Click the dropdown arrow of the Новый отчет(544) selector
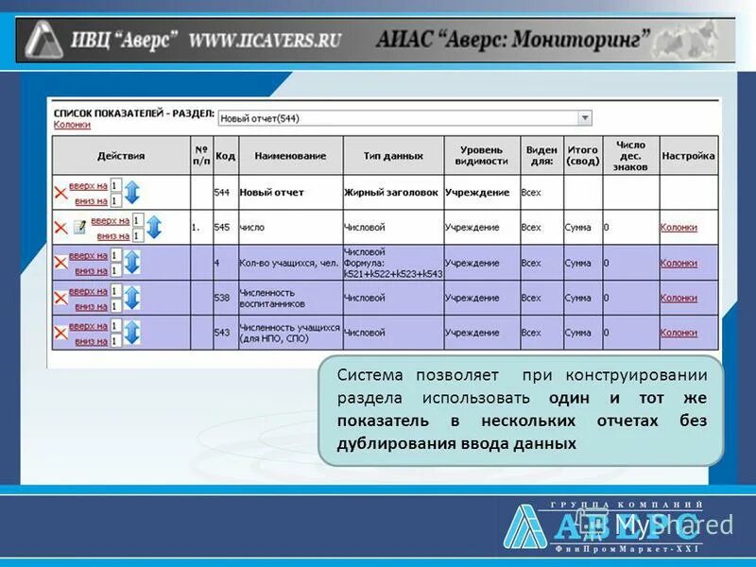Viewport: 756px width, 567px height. tap(585, 118)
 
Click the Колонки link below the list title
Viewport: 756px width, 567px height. tap(72, 125)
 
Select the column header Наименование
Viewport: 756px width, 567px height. tap(290, 156)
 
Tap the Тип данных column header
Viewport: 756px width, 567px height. tap(393, 156)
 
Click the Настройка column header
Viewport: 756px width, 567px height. tap(688, 156)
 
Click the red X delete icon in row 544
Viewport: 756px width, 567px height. tap(60, 193)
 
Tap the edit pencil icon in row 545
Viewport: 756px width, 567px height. tap(80, 228)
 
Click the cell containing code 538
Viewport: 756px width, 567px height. tap(222, 298)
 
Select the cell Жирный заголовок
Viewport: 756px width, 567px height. tap(391, 192)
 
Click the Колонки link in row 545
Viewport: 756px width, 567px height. tap(679, 228)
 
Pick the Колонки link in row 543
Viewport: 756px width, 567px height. tap(679, 333)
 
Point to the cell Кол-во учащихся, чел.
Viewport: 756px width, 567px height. tap(288, 263)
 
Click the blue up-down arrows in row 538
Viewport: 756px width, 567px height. tap(132, 298)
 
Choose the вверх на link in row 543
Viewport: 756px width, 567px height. tap(88, 326)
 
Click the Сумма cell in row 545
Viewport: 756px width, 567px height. tap(577, 228)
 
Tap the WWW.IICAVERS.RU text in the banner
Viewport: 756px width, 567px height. tap(265, 41)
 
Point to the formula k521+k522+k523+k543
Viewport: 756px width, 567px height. tap(392, 273)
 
